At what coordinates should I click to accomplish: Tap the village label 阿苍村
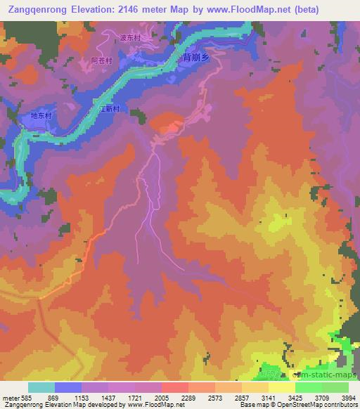click(x=101, y=61)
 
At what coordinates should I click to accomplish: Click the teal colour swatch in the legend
click(x=41, y=387)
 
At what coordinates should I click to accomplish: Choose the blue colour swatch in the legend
click(x=68, y=387)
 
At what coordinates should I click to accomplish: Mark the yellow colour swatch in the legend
click(x=282, y=387)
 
